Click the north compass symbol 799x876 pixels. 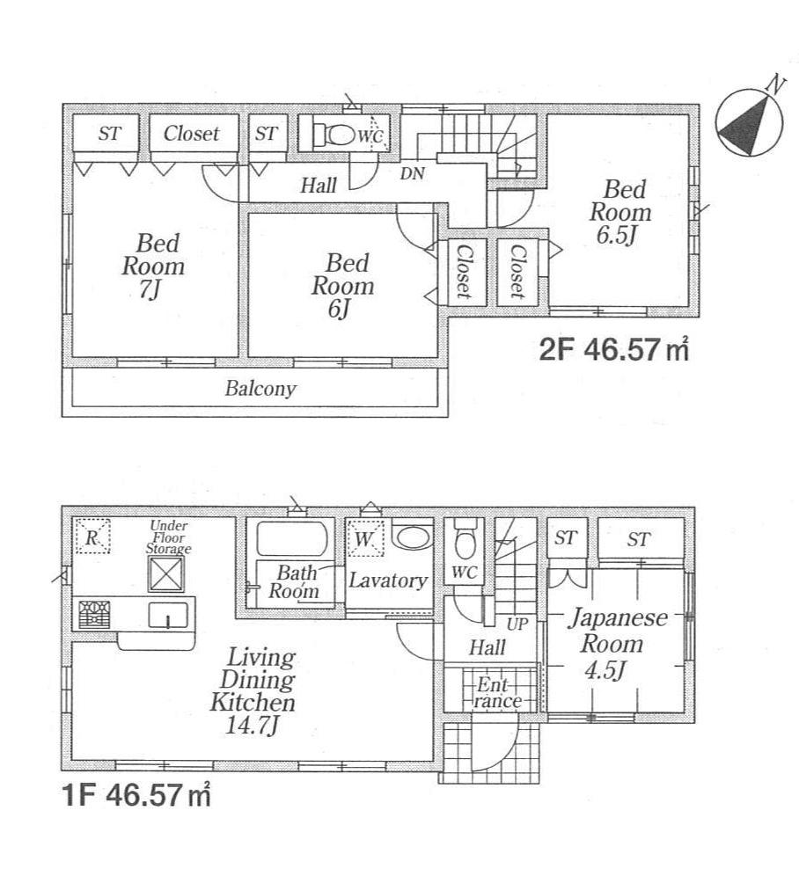click(750, 121)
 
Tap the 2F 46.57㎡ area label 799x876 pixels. click(612, 349)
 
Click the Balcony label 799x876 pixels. click(260, 388)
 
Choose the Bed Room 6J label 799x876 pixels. click(341, 285)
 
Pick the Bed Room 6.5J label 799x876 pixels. click(620, 212)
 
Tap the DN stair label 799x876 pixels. click(412, 174)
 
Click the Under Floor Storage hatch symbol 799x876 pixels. click(165, 575)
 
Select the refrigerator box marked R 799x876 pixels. click(93, 536)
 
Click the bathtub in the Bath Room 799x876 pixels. click(291, 537)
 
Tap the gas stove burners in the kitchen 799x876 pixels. click(94, 613)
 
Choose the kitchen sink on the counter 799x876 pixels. click(165, 615)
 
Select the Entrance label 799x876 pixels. click(498, 692)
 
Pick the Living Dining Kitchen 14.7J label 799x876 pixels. click(252, 691)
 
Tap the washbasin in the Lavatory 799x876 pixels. click(412, 537)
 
